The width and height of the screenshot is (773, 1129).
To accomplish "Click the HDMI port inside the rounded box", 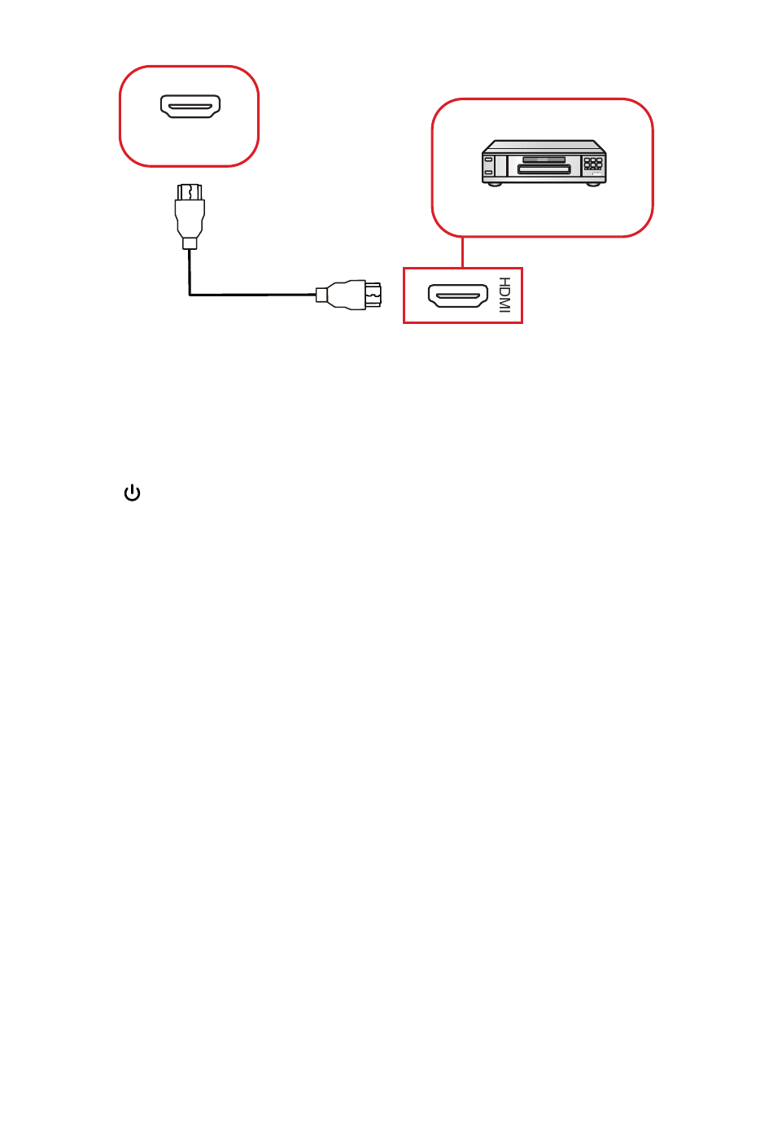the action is (190, 107).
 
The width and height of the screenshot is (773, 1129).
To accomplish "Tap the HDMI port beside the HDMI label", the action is (458, 295).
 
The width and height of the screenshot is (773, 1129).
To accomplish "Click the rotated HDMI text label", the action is (504, 295).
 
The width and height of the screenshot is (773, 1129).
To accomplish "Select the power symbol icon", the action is (132, 493).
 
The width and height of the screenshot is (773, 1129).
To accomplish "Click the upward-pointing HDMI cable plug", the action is (190, 213).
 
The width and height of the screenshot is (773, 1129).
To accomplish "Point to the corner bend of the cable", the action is (190, 293).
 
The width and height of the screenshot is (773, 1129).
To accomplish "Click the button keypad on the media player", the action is (593, 164).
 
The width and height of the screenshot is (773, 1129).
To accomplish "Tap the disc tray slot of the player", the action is (544, 170).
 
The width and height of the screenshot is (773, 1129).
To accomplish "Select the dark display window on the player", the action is (544, 160).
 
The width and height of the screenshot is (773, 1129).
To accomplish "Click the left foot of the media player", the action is (494, 182).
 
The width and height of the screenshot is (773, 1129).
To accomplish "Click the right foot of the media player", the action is (594, 182).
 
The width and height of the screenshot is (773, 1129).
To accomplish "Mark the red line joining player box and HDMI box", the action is (463, 252).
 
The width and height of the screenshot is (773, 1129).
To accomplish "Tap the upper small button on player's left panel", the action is (488, 160).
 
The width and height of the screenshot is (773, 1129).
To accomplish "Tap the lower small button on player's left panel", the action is (488, 171).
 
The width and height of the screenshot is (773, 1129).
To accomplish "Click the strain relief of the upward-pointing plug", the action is (190, 243).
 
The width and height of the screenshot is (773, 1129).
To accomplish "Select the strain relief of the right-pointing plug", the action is (321, 294).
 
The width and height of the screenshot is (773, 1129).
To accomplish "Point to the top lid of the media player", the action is (544, 147).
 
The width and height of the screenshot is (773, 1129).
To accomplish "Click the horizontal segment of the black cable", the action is (252, 294).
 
